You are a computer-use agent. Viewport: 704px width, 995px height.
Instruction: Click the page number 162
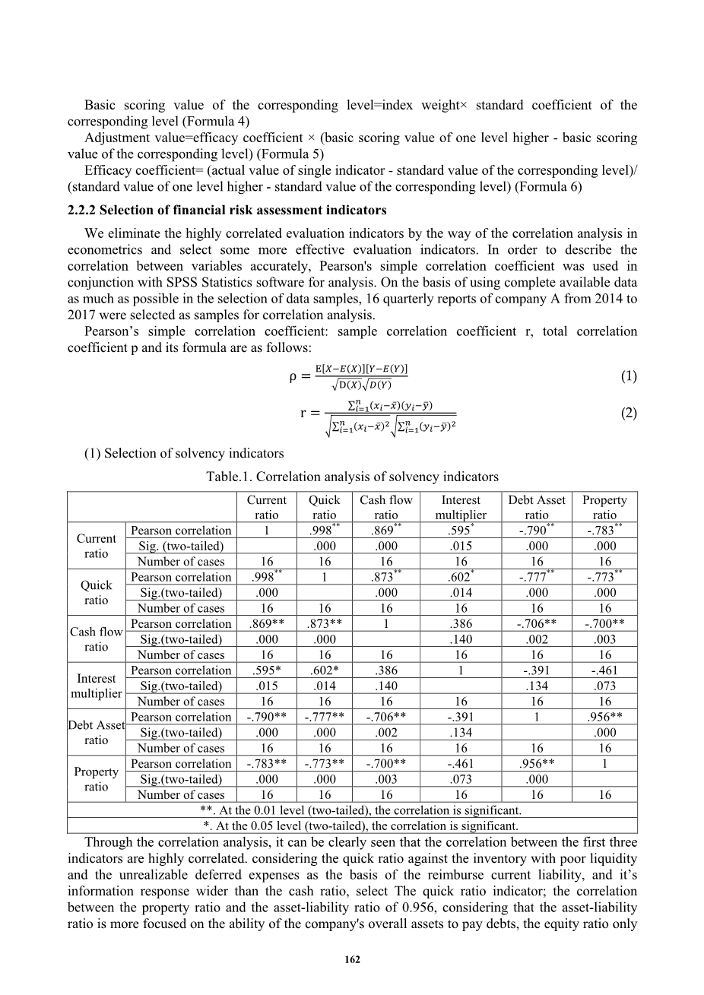(x=352, y=959)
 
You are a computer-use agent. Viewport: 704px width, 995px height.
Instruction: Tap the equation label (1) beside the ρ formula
(x=628, y=376)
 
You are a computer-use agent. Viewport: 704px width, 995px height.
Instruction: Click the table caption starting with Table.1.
(x=352, y=477)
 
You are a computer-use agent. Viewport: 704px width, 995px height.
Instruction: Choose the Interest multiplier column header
(x=461, y=507)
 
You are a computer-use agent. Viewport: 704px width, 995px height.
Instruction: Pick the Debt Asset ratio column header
(x=537, y=507)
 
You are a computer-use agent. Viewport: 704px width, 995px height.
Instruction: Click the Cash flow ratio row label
(x=97, y=639)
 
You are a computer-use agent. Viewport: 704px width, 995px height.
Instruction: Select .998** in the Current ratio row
(x=325, y=531)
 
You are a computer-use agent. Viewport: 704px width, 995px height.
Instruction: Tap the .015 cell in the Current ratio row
(x=461, y=546)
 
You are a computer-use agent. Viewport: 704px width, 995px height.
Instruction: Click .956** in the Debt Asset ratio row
(x=605, y=717)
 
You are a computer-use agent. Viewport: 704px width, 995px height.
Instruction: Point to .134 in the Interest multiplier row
(x=537, y=686)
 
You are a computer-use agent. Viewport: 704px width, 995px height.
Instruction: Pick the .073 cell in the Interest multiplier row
(x=605, y=686)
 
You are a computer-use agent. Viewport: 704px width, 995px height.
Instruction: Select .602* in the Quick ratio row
(x=461, y=577)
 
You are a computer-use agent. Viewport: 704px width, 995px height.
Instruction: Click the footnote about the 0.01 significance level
(x=352, y=810)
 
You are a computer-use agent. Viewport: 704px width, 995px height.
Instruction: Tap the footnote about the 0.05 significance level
(x=352, y=825)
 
